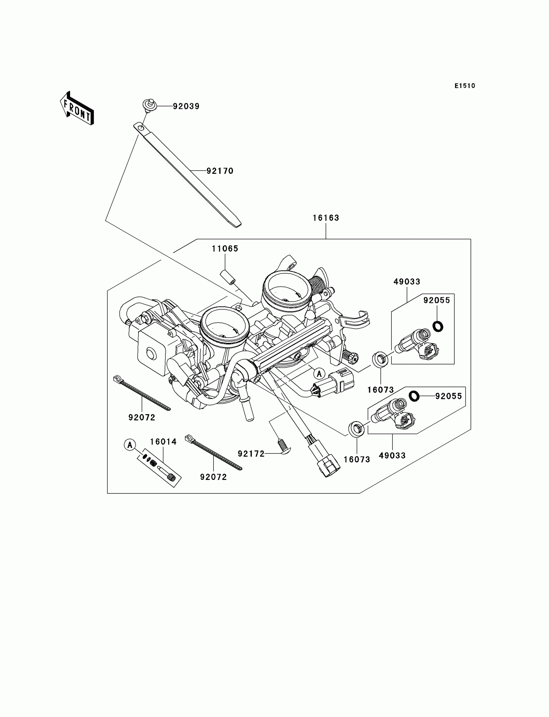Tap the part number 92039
[186, 106]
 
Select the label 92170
[220, 171]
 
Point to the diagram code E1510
[465, 86]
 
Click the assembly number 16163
[326, 218]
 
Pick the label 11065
[225, 249]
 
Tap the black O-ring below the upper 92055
[438, 326]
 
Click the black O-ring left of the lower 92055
[414, 396]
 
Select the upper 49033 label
[407, 282]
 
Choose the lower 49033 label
[392, 456]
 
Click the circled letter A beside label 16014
[130, 445]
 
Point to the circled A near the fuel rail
[319, 374]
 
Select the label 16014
[163, 442]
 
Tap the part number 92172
[251, 454]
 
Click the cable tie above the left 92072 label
[142, 393]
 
